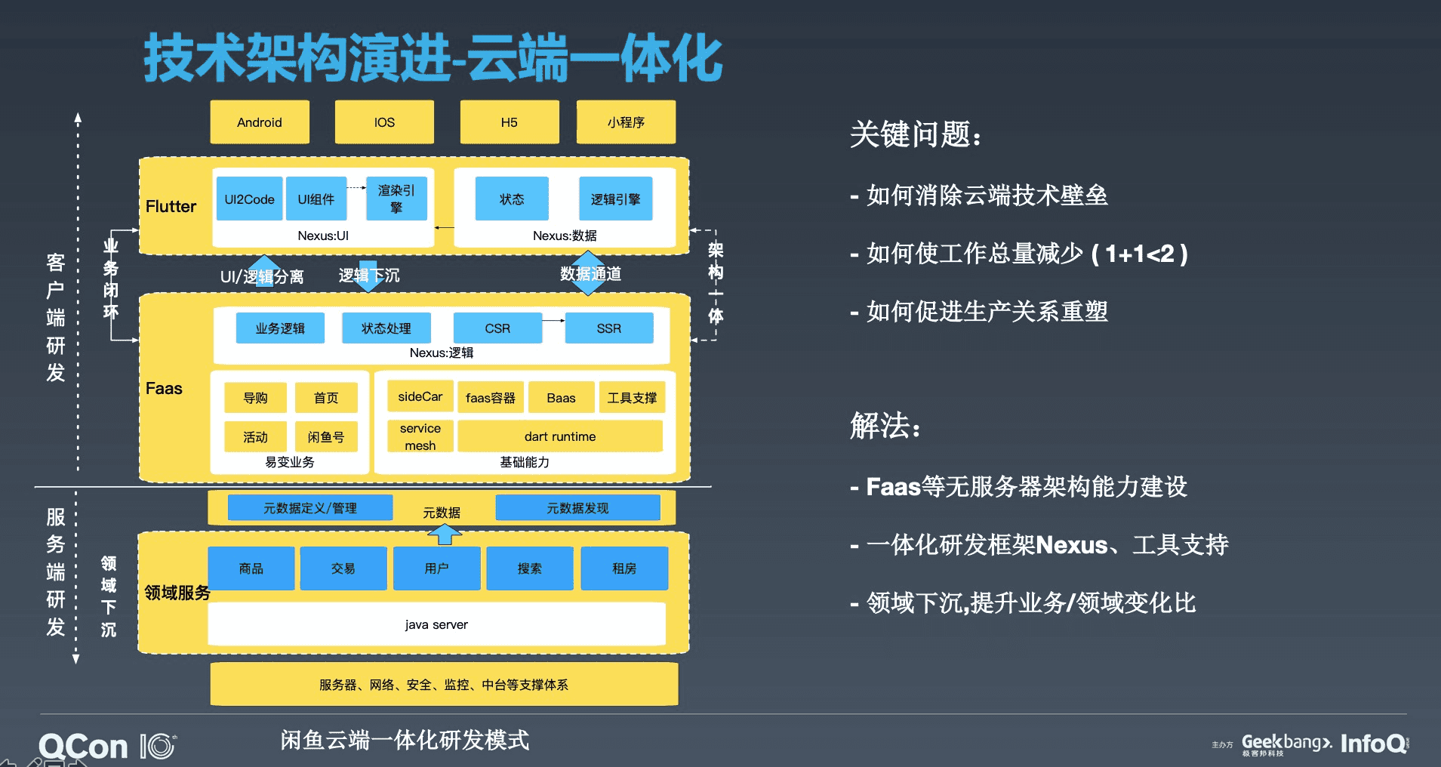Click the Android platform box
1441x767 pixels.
click(259, 122)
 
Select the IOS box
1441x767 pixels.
click(384, 122)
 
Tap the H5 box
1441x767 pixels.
click(510, 122)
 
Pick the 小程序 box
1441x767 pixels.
click(626, 122)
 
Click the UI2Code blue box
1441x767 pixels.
click(249, 199)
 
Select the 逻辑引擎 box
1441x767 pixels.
click(615, 199)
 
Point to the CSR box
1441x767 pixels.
click(497, 328)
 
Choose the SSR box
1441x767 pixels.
click(609, 328)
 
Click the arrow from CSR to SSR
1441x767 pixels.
click(553, 321)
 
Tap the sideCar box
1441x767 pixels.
click(420, 396)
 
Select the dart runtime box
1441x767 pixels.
click(560, 436)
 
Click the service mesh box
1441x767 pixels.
click(420, 436)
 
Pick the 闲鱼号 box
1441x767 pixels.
click(326, 437)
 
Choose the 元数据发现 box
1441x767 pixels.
click(577, 508)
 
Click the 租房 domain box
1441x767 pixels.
click(624, 568)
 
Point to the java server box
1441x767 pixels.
click(436, 624)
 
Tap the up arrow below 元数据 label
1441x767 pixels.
click(445, 534)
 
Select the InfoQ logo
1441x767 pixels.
click(1374, 744)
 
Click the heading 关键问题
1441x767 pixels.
click(915, 135)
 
